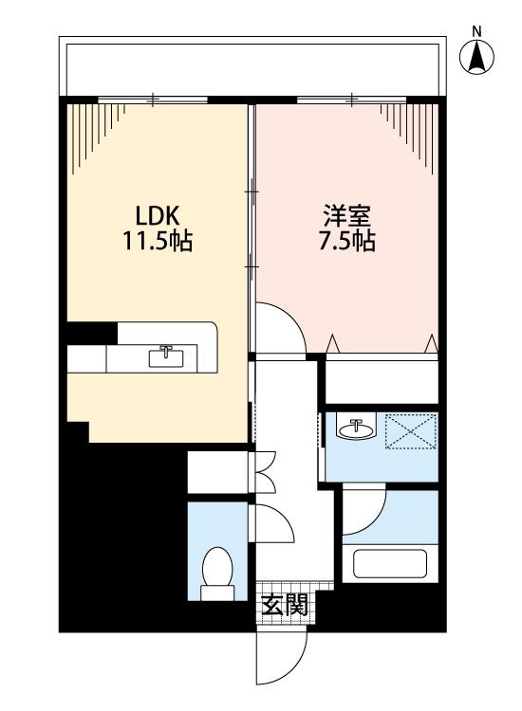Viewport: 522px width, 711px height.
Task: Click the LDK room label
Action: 158,216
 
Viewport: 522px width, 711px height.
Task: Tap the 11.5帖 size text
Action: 158,241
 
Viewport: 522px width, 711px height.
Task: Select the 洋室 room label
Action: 346,216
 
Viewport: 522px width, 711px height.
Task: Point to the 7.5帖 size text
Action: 346,241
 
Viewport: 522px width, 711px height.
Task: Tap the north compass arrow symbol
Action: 476,58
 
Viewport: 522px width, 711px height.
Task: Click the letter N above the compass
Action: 476,31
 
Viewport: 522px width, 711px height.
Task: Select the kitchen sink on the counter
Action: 167,356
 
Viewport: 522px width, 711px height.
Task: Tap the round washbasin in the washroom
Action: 357,428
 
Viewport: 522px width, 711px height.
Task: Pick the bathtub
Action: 390,564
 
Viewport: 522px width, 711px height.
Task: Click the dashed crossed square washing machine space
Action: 411,430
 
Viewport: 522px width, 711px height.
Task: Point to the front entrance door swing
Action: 282,658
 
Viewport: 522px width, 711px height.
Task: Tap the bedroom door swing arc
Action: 281,327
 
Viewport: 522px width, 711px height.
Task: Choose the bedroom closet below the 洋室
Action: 382,381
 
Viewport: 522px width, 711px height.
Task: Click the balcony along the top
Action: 252,66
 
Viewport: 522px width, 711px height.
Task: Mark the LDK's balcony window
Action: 153,100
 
